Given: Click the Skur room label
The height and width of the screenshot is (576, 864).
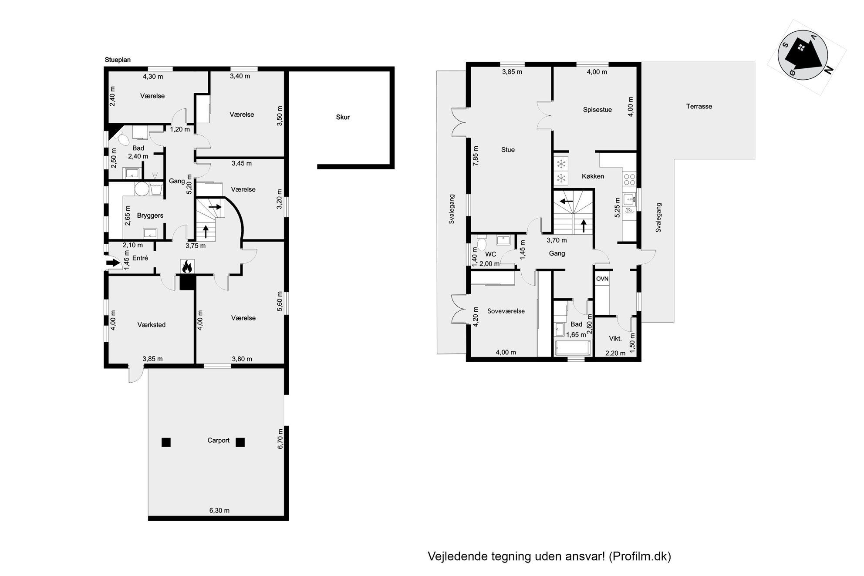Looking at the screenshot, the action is point(343,117).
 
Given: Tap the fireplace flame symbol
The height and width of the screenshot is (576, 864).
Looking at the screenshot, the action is point(187,266).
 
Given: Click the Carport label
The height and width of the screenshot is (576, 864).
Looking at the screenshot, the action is point(218,440).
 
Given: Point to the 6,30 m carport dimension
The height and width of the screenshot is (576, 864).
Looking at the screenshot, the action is point(219,510).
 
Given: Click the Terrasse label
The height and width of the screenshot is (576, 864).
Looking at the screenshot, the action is point(699,106).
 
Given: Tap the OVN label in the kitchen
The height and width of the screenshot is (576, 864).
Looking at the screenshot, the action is point(602,279).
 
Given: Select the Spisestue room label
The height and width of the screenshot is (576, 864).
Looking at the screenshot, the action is point(597,110).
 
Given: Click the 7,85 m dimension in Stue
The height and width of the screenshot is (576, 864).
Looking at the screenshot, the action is point(476,155).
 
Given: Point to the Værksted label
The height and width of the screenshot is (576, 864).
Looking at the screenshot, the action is point(152,325).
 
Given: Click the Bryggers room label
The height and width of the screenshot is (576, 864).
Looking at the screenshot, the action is point(150,216).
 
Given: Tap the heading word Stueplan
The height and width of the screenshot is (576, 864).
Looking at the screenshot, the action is point(118,60).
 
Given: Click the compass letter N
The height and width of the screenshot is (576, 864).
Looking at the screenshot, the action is point(828,70).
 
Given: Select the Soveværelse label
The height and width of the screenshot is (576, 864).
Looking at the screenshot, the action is point(506,311).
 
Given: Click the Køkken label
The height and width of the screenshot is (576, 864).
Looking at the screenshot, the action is point(593,176).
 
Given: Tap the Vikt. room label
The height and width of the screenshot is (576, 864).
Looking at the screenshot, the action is point(615,338).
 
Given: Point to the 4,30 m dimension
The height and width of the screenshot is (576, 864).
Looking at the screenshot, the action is point(153,77).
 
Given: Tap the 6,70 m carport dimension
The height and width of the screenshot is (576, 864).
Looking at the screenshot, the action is point(280,439).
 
